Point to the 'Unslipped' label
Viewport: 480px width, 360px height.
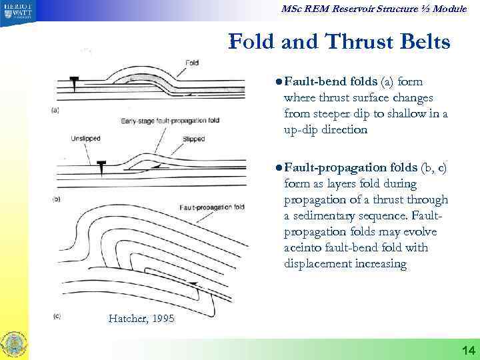(86, 139)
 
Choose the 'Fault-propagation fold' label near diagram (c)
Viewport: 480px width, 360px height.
(211, 207)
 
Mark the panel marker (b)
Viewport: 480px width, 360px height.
(57, 199)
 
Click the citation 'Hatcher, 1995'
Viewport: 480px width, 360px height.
(141, 319)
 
